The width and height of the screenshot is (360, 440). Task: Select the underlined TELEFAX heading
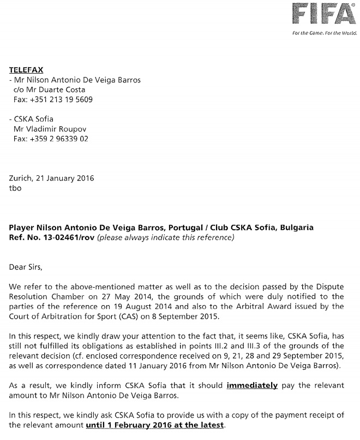pyautogui.click(x=26, y=70)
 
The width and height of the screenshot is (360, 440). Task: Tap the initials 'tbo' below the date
pyautogui.click(x=15, y=187)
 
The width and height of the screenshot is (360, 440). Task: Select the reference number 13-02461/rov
pyautogui.click(x=70, y=237)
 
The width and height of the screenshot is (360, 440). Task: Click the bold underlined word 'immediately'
pyautogui.click(x=253, y=385)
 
